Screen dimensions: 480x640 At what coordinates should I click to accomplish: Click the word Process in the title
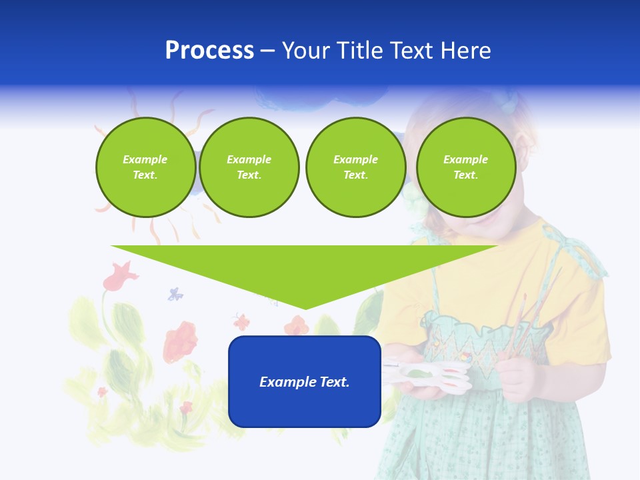(x=209, y=51)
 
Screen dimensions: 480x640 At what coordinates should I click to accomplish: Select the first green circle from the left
(x=146, y=167)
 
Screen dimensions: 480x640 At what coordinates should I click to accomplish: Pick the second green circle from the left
(x=249, y=167)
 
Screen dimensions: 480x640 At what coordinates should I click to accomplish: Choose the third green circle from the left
(x=356, y=167)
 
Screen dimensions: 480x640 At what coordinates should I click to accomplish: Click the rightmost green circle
(x=466, y=167)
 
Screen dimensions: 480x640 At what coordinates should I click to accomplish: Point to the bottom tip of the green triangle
(x=305, y=308)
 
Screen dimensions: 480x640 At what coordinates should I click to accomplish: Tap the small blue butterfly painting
(x=175, y=293)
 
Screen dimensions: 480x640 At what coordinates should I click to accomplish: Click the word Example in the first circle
(x=145, y=160)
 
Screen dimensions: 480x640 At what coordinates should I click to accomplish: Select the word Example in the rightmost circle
(x=466, y=160)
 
